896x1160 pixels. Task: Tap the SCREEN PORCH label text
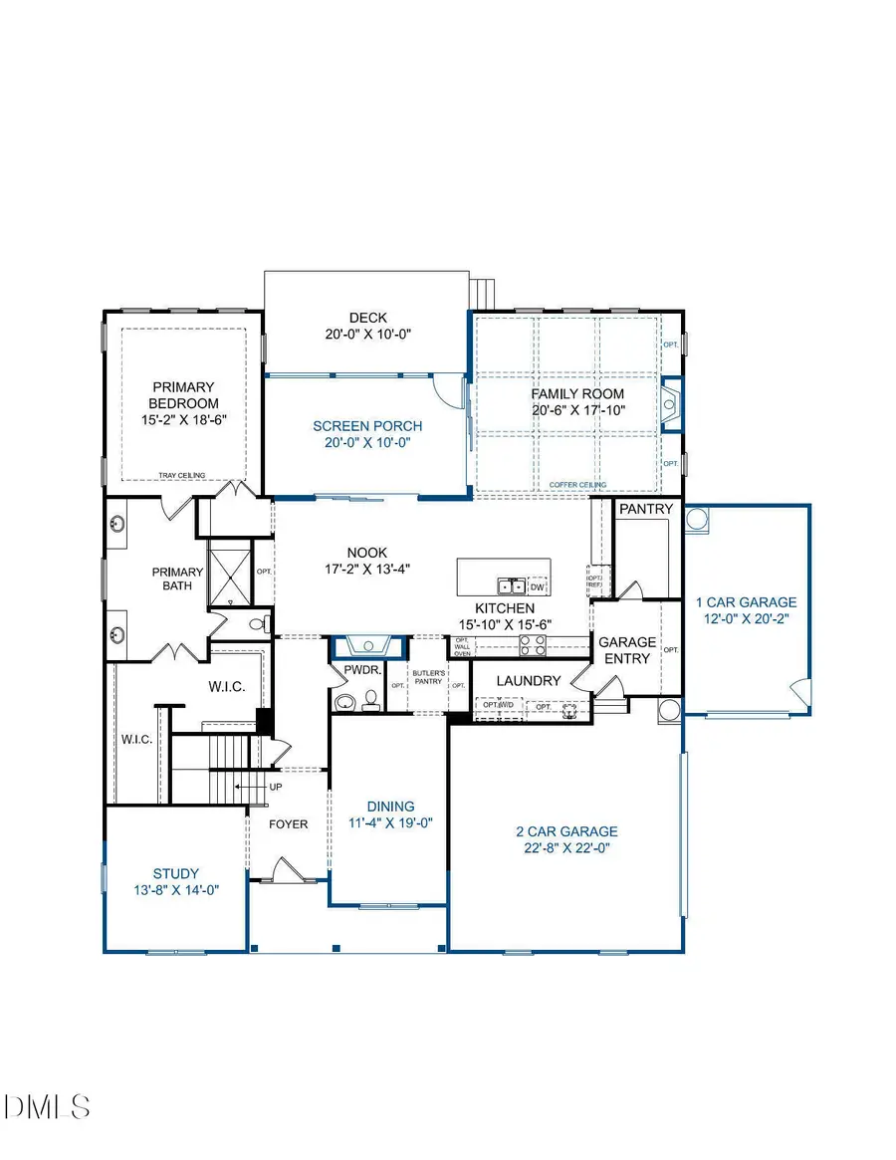[x=361, y=426]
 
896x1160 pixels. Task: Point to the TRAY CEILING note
[x=183, y=476]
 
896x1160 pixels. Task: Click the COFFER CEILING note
[x=577, y=485]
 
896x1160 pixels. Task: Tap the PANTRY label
[x=646, y=509]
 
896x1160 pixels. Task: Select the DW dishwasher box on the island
[x=538, y=585]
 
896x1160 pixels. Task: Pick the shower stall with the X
[x=229, y=573]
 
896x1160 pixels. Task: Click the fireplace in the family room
[x=673, y=403]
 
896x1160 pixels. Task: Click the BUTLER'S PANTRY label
[x=427, y=674]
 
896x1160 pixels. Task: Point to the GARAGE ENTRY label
[x=627, y=651]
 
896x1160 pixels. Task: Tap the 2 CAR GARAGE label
[x=566, y=831]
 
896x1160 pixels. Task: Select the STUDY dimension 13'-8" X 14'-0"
[x=175, y=890]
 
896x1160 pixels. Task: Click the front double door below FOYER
[x=287, y=872]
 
